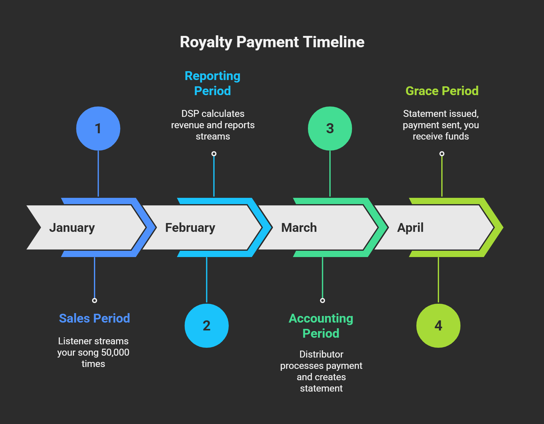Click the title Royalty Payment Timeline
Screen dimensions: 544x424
[x=272, y=42]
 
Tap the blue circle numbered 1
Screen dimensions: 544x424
[x=98, y=129]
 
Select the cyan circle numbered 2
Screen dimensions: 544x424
[x=207, y=326]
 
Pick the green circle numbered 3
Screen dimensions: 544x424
[x=330, y=129]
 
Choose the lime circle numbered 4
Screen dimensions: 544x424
[x=438, y=326]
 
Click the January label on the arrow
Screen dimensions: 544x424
[x=72, y=228]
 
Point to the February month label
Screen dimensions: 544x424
[x=190, y=228]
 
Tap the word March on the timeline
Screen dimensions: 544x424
[x=299, y=227]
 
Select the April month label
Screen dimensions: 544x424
[x=410, y=228]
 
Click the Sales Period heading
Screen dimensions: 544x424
[x=95, y=318]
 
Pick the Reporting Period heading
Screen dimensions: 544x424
[x=212, y=83]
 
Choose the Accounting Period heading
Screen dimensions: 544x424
[x=321, y=326]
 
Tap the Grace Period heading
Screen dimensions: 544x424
[x=442, y=91]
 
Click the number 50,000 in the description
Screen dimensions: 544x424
[x=115, y=352]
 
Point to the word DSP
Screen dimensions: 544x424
[x=190, y=114]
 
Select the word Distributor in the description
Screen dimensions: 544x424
[x=321, y=354]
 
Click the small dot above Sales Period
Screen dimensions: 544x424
[x=95, y=301]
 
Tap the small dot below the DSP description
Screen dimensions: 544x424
[x=214, y=154]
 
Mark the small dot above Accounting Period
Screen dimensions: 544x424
[x=322, y=301]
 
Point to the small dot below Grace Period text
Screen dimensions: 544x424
[x=442, y=154]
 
